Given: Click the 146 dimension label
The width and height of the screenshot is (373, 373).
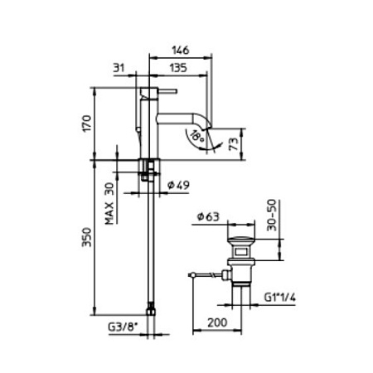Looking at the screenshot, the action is (x=181, y=51).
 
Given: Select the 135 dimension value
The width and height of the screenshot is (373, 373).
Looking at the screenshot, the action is (x=178, y=68).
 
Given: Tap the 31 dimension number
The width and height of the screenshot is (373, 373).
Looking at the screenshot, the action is (x=119, y=68).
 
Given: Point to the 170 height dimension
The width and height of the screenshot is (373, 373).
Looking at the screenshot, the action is (x=87, y=124).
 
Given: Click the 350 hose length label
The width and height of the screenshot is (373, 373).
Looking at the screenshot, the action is (x=87, y=237).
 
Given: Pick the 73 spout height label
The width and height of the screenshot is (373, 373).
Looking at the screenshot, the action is (x=234, y=144).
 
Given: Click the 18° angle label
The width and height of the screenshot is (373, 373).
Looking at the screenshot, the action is (x=198, y=136).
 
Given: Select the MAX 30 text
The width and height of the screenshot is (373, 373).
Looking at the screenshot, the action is (x=109, y=203).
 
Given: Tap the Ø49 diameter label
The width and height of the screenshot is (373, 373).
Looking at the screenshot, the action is (x=178, y=185).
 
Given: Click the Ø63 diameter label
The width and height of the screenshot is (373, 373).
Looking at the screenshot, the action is (x=208, y=216).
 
